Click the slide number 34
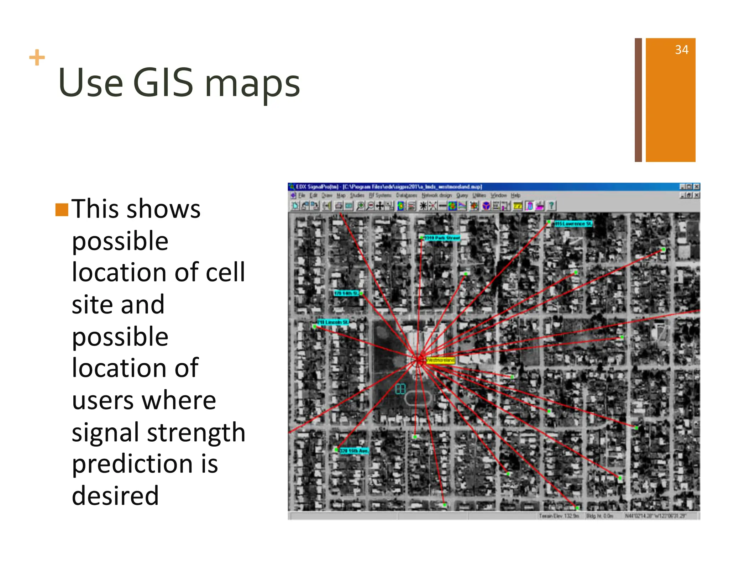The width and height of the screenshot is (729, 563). [681, 50]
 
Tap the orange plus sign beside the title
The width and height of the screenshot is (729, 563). [37, 58]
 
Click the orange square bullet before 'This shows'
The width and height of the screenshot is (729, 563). [62, 210]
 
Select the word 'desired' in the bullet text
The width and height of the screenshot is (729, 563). [115, 495]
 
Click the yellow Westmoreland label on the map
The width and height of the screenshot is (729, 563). [440, 360]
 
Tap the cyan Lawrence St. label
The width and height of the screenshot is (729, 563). [573, 223]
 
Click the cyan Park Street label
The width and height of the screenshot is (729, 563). [442, 237]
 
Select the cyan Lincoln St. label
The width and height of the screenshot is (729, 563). [333, 322]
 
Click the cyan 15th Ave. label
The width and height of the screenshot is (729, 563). [354, 451]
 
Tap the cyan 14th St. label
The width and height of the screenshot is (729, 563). [346, 293]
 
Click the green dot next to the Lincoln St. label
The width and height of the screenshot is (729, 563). [315, 326]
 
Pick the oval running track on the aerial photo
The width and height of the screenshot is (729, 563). [419, 398]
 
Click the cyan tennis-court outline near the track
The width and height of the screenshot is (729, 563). [400, 389]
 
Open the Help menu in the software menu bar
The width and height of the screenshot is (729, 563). [515, 195]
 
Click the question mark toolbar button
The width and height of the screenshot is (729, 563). [551, 206]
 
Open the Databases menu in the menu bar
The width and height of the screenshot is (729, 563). [407, 195]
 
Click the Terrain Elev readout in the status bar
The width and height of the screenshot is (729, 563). [559, 516]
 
